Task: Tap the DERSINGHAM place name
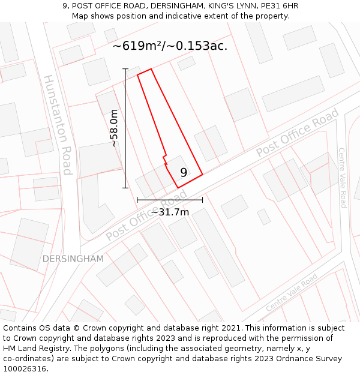(x=73, y=259)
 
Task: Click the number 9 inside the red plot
(x=184, y=173)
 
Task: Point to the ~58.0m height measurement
(x=113, y=128)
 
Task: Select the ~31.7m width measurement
(x=170, y=212)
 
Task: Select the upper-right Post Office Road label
(x=298, y=133)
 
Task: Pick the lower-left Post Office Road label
(x=146, y=216)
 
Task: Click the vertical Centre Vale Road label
(x=342, y=178)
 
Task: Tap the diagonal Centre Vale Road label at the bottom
(x=292, y=293)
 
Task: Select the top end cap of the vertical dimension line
(x=125, y=69)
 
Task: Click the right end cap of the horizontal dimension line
(x=202, y=200)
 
